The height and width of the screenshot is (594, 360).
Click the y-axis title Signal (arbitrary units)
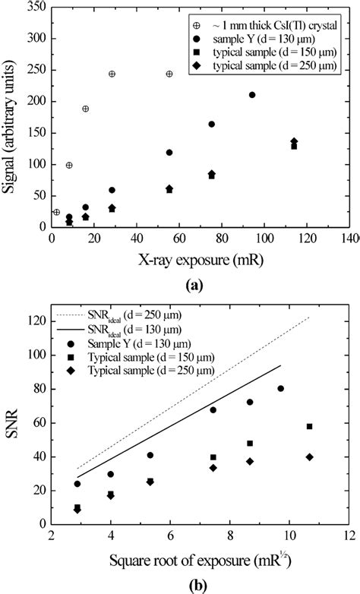point(11,118)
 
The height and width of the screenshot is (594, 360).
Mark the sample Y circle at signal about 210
point(252,95)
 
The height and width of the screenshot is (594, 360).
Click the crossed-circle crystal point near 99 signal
point(69,165)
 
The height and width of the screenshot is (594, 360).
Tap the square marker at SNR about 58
point(309,426)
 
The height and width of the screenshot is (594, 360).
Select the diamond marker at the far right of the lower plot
point(309,457)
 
